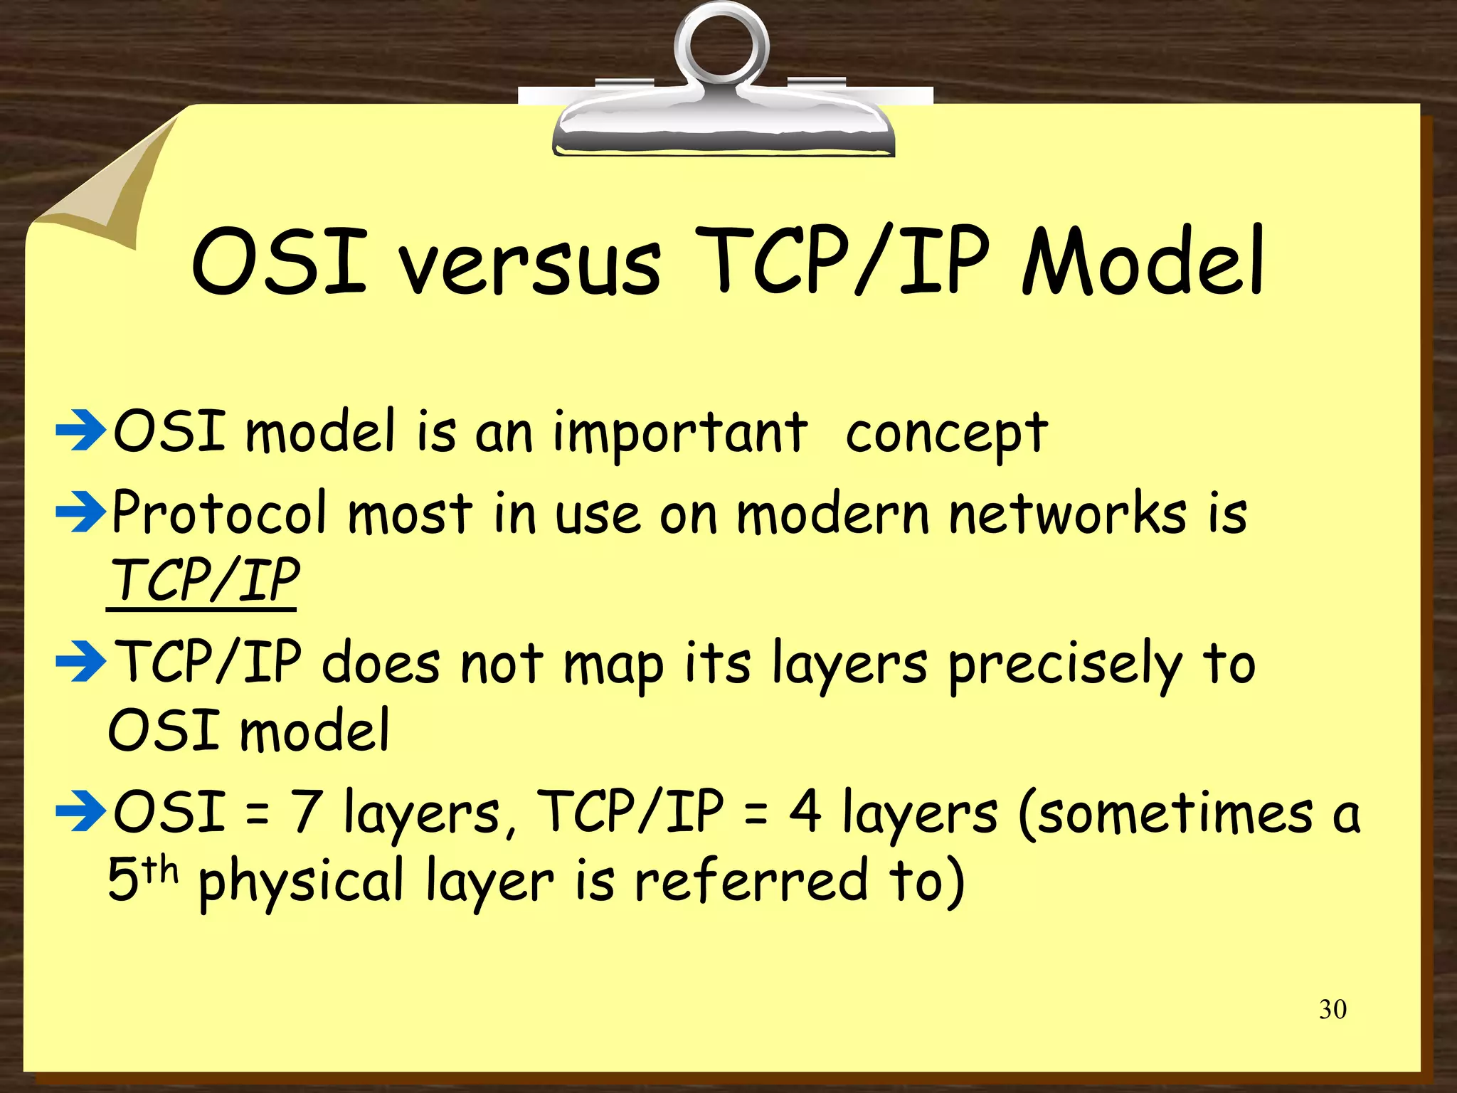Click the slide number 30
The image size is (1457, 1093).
click(1333, 1009)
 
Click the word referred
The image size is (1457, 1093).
click(751, 880)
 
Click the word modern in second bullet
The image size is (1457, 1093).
click(832, 512)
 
